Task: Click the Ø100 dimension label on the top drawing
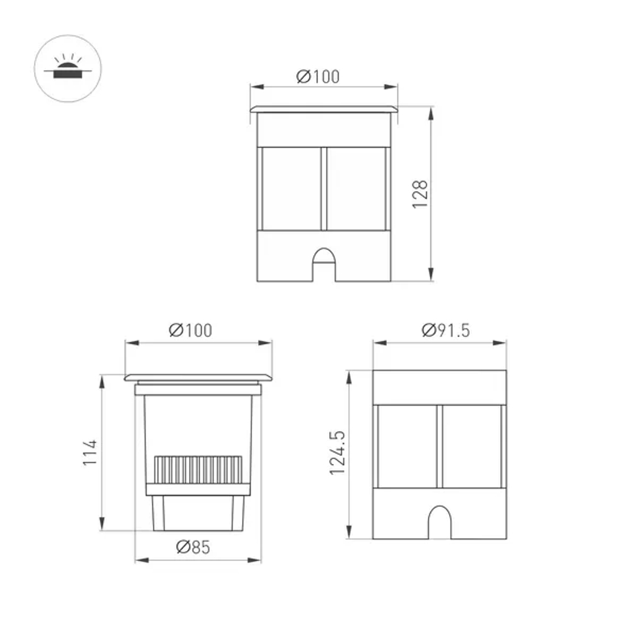click(x=318, y=77)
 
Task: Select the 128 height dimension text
click(x=421, y=193)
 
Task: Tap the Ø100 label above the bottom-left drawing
click(x=190, y=331)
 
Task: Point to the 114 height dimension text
click(x=91, y=452)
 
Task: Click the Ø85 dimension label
click(x=193, y=547)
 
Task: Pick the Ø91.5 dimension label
click(x=445, y=330)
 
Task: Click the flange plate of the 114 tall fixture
click(x=198, y=378)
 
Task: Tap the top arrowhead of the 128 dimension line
click(x=430, y=113)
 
